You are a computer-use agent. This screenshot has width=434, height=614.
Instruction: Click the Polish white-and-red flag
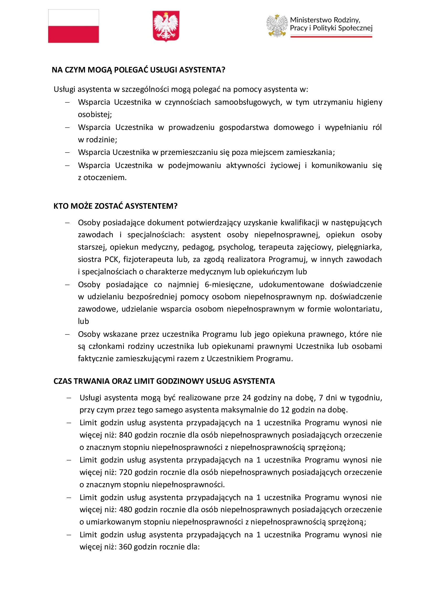pos(73,26)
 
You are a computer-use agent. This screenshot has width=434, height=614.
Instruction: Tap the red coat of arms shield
pos(166,26)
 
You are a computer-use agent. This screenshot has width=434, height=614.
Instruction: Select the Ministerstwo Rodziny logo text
pos(331,24)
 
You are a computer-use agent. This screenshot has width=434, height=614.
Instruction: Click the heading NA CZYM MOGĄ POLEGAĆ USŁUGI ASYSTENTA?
pos(139,70)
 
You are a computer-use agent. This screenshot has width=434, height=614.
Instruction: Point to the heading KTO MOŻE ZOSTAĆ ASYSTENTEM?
pos(115,206)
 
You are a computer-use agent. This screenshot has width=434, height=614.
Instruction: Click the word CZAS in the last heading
pos(63,381)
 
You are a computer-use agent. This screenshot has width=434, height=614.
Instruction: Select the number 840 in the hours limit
pos(126,435)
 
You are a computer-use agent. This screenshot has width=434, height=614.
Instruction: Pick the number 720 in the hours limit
pos(126,472)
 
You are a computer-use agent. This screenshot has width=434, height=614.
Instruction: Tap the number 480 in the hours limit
pos(126,510)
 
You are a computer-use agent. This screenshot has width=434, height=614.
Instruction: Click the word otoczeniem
pos(105,177)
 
